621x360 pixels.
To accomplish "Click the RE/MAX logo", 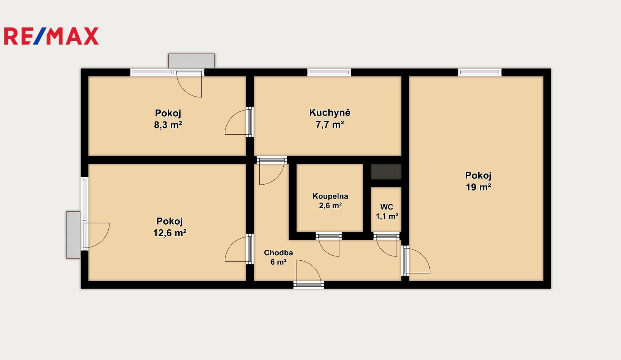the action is (x=51, y=36).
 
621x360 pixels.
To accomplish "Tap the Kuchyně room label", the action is (x=330, y=112).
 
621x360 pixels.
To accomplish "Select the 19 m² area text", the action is (x=478, y=187).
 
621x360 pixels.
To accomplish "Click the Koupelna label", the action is (x=330, y=196).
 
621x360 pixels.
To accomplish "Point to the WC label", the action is (x=387, y=207).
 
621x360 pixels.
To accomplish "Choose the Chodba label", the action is (x=278, y=253).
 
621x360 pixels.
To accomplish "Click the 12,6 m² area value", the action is (x=170, y=233).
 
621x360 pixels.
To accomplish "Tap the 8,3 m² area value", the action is (x=168, y=125).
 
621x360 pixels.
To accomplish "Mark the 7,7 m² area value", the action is (x=330, y=125).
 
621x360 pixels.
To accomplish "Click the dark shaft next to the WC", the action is (x=386, y=171).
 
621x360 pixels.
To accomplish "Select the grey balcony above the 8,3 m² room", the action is (x=192, y=61).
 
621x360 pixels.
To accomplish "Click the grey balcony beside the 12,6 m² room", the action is (x=73, y=235).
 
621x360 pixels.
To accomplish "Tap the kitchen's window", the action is (x=329, y=73).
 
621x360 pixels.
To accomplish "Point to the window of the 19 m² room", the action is (x=480, y=73).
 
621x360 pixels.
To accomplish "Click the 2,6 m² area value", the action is (x=330, y=206).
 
